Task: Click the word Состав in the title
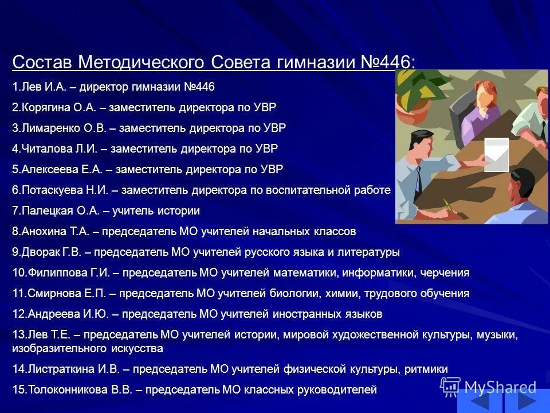[42, 62]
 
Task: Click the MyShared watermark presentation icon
[451, 386]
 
